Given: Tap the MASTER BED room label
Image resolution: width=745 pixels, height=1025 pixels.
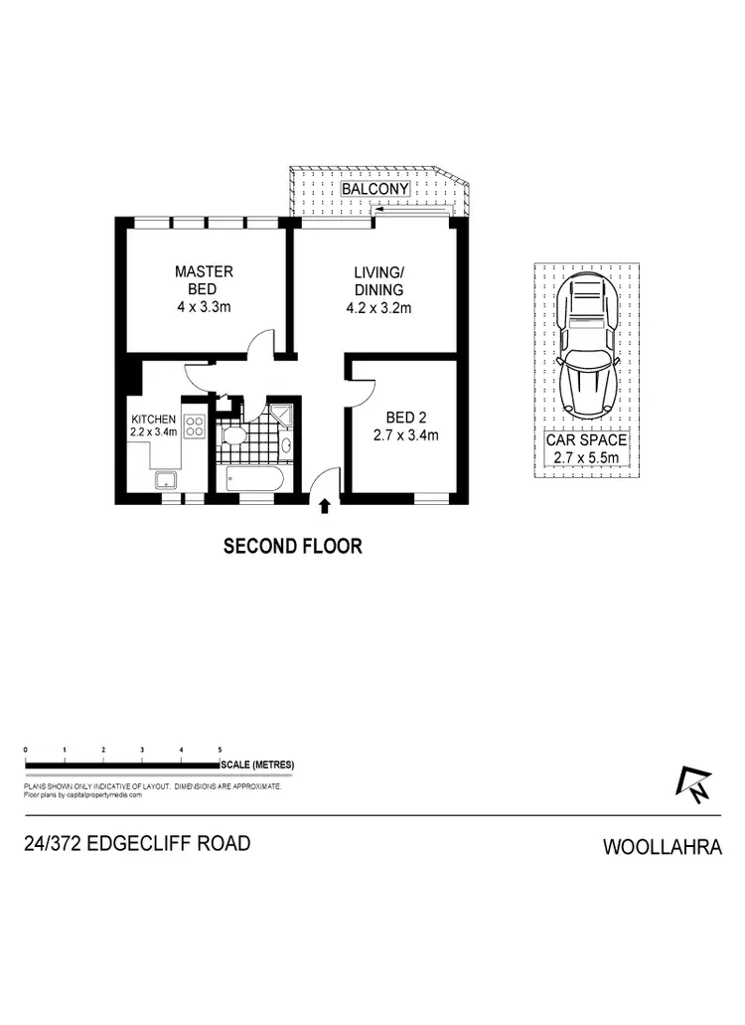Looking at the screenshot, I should pos(204,288).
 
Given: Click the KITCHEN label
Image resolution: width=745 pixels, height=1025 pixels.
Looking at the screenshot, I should pos(154,420).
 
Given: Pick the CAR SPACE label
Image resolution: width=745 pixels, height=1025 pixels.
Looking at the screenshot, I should pos(586,439).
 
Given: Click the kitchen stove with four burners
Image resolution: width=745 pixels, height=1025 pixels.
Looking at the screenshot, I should pos(195,428).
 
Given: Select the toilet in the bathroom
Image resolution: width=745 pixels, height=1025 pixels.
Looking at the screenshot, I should pos(236,438).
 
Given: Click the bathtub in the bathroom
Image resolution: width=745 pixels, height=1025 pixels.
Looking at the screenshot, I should pos(255,482).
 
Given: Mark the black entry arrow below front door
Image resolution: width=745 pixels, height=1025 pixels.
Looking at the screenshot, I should pos(325,508).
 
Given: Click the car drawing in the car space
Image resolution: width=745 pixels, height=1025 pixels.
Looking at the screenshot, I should pos(586,348).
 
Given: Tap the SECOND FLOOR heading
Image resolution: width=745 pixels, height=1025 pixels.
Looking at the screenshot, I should pos(292,546).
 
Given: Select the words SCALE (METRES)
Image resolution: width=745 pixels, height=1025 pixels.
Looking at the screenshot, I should pos(258,765).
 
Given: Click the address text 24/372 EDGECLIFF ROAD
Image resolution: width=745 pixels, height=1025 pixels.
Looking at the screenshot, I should pos(137,844).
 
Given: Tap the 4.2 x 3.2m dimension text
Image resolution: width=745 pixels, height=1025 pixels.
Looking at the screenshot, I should pos(377,308).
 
